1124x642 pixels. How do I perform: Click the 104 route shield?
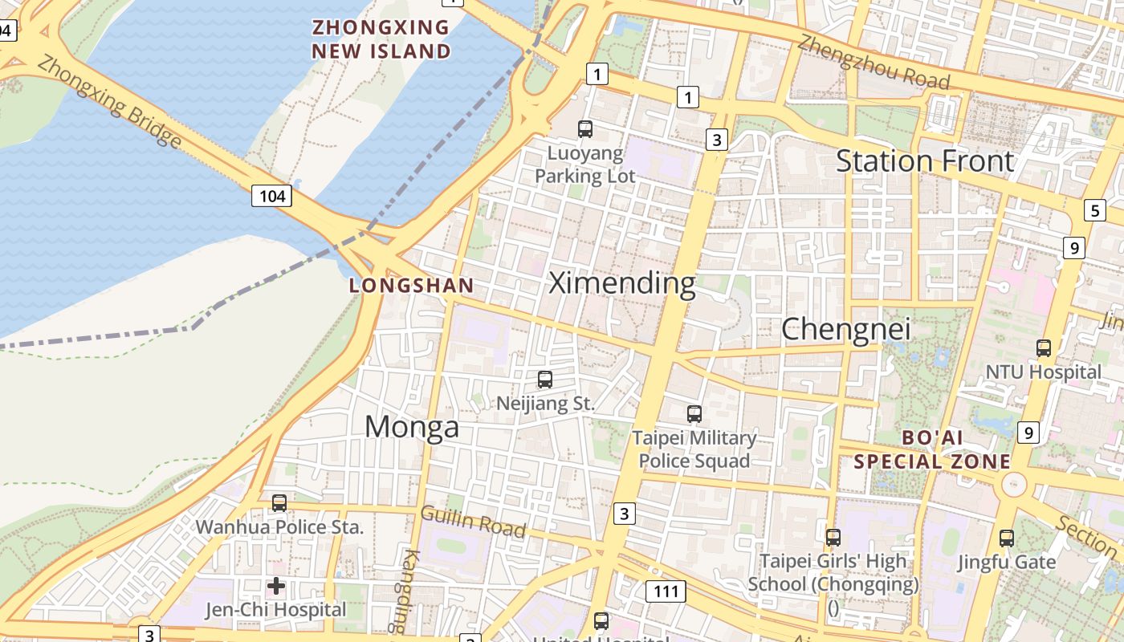coord(271,196)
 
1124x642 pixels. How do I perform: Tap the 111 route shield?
coord(666,592)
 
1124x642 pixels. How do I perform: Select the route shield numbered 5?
coord(1094,211)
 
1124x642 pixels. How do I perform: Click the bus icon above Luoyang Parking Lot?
coord(585,128)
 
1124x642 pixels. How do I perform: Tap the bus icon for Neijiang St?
coord(545,380)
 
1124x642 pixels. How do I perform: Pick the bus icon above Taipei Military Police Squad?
coord(694,414)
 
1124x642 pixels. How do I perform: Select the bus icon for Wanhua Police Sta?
coord(279,503)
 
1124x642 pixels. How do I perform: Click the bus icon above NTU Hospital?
coord(1044,348)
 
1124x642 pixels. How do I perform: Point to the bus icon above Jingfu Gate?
coord(1007,538)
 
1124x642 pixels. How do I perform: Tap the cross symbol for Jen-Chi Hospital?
coord(276,586)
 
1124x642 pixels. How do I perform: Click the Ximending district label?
coord(621,283)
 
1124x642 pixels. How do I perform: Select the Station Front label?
coord(925,161)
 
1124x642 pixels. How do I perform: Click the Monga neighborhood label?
coord(412,427)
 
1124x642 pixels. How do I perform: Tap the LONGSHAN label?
coord(411,286)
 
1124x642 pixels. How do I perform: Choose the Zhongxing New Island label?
coord(381,39)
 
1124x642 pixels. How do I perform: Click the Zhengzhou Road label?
coord(874,63)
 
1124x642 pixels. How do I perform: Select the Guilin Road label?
coord(473,522)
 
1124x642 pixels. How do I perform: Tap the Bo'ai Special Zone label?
coord(931,449)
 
